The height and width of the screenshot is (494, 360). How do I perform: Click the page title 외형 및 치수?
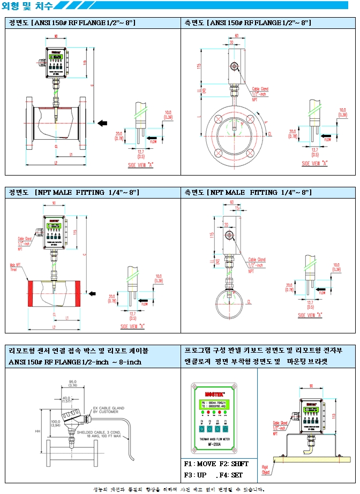pyautogui.click(x=27, y=6)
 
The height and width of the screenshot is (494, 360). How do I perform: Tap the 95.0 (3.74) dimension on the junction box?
pyautogui.click(x=72, y=383)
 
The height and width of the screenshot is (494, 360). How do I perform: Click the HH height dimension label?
pyautogui.click(x=37, y=431)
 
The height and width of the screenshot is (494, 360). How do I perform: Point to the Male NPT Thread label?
pyautogui.click(x=16, y=266)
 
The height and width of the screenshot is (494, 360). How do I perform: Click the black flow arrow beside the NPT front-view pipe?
pyautogui.click(x=92, y=293)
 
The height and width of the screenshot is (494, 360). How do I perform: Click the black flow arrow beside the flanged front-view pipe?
pyautogui.click(x=102, y=123)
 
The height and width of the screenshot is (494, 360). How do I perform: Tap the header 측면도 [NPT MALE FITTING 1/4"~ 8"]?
pyautogui.click(x=247, y=192)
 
